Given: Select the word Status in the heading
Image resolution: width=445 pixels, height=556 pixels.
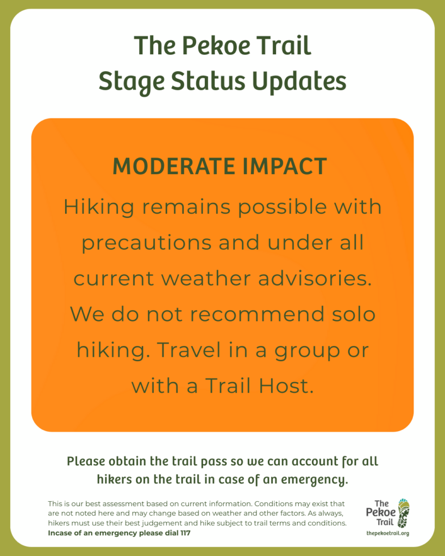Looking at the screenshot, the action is pos(208,81).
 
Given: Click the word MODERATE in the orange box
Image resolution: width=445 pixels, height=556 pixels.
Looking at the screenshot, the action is pos(174,166).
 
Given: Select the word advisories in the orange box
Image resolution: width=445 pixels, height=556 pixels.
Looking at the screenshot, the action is pos(315,279).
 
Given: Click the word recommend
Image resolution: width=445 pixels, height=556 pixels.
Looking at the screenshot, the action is pos(258,314).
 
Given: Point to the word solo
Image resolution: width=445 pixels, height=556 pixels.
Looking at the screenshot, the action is pos(353,314).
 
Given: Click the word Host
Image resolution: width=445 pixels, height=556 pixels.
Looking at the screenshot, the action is pos(286,386).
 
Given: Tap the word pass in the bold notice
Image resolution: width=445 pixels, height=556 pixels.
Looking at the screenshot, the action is pos(215,462).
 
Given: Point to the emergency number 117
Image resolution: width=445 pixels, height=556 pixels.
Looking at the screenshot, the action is pos(186,533).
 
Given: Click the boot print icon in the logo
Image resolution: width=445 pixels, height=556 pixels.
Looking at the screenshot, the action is pos(404,513).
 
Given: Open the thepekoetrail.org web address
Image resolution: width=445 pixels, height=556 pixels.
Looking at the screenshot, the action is pos(388,533).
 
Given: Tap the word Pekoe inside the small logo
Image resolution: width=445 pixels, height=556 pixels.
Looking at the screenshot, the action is pos(380,513).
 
